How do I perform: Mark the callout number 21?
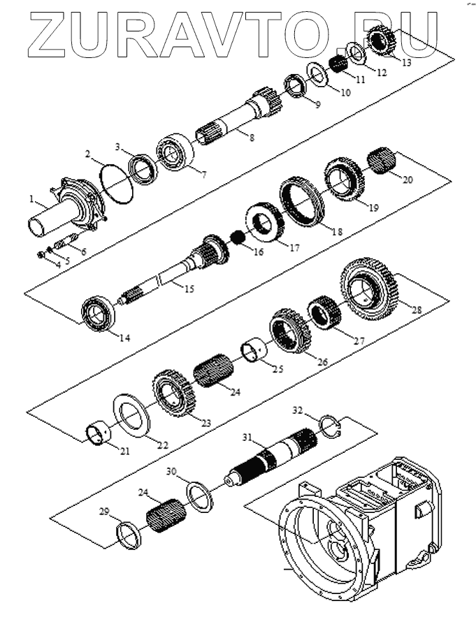click(x=124, y=451)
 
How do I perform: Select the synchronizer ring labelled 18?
click(x=301, y=202)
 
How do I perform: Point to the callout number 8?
click(x=251, y=138)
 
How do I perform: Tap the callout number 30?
click(x=172, y=472)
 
